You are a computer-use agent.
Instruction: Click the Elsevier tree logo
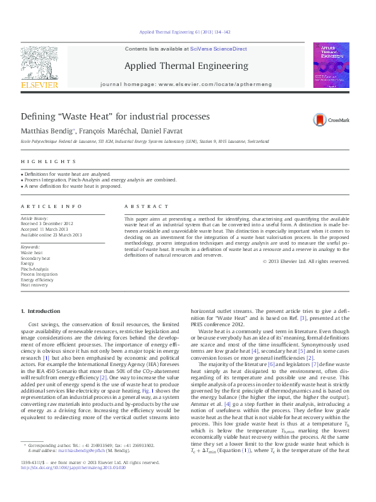[x=40, y=65]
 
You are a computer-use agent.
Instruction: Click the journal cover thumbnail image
[x=331, y=65]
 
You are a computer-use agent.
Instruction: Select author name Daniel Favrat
[x=164, y=131]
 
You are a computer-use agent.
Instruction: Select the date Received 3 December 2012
[x=48, y=224]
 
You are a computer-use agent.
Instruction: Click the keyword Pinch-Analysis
[x=35, y=269]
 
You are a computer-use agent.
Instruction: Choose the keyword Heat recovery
[x=34, y=285]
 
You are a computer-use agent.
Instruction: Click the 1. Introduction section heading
[x=41, y=311]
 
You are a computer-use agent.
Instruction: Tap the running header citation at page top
[x=185, y=32]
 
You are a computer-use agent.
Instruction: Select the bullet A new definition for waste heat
[x=72, y=187]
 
